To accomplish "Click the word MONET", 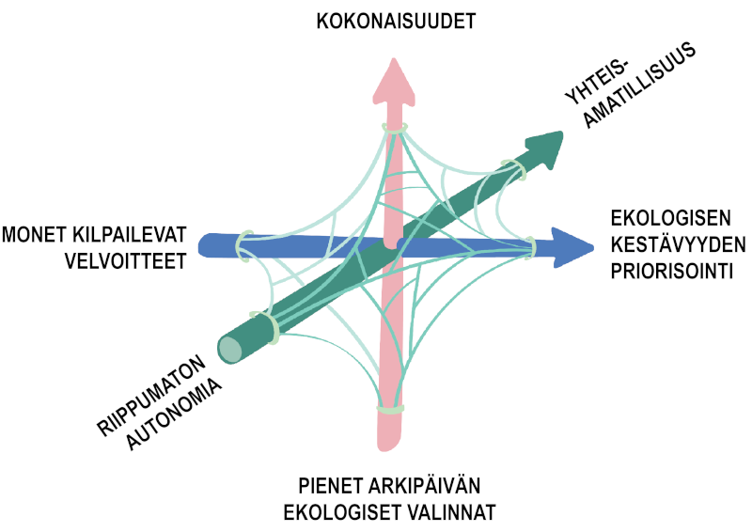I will pyautogui.click(x=38, y=232).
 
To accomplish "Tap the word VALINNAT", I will pyautogui.click(x=450, y=513).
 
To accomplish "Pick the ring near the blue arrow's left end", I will pyautogui.click(x=244, y=242).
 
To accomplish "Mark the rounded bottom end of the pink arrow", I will pyautogui.click(x=390, y=442).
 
